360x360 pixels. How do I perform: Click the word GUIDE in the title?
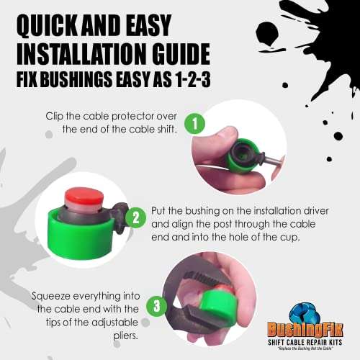click(x=177, y=54)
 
